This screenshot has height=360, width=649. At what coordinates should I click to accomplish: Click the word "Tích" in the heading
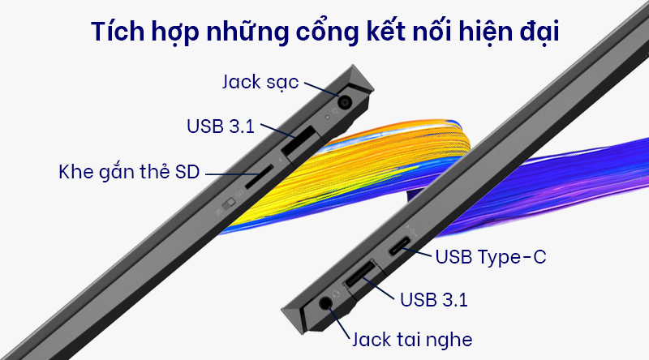[116, 35]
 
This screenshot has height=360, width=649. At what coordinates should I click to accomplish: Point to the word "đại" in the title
[544, 35]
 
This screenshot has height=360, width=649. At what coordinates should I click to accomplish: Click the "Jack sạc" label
[260, 82]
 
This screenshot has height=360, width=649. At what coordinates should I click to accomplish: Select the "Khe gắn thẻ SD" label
[129, 172]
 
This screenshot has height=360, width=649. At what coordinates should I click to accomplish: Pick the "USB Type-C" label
[491, 258]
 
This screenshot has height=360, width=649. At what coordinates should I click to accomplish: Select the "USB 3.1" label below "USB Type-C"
[434, 299]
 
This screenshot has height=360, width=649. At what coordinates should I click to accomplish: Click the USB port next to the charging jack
[299, 142]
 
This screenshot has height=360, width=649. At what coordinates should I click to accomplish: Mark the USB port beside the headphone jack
[363, 276]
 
